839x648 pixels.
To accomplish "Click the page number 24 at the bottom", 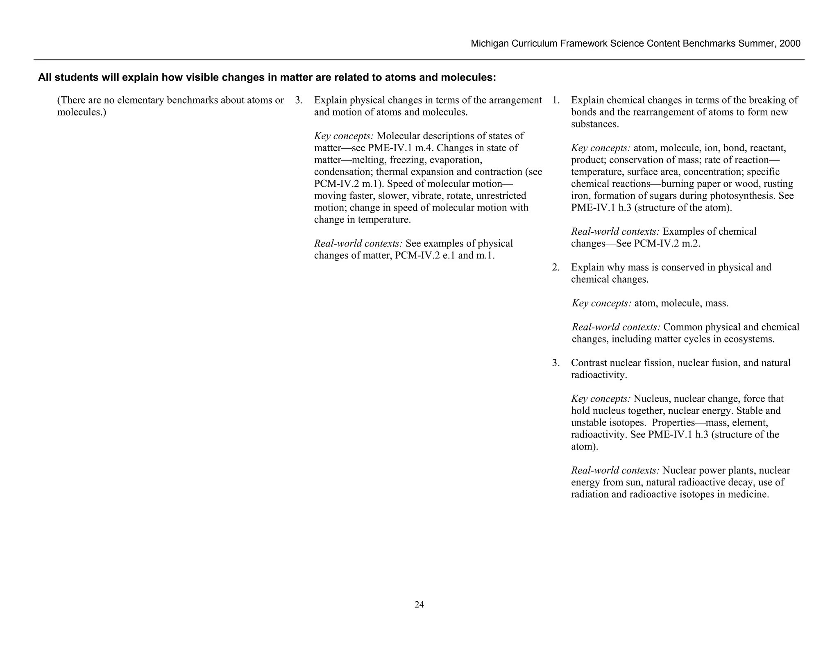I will coord(419,605).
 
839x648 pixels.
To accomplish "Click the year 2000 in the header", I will coord(790,44).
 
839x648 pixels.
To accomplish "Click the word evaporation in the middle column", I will coord(456,160).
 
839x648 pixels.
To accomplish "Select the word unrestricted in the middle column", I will coord(501,196).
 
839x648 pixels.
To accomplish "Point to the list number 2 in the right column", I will coord(556,267).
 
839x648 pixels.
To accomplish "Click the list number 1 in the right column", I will coord(556,100).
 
